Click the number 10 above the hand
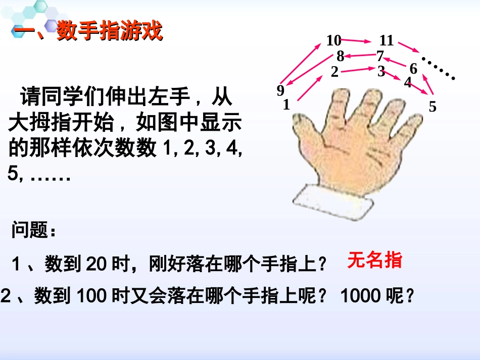click(333, 40)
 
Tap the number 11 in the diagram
click(387, 40)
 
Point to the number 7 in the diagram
click(380, 56)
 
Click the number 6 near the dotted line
click(413, 68)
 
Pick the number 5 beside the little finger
click(433, 107)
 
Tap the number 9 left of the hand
click(280, 91)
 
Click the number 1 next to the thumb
click(286, 105)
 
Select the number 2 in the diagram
click(334, 72)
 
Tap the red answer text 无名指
click(374, 260)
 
